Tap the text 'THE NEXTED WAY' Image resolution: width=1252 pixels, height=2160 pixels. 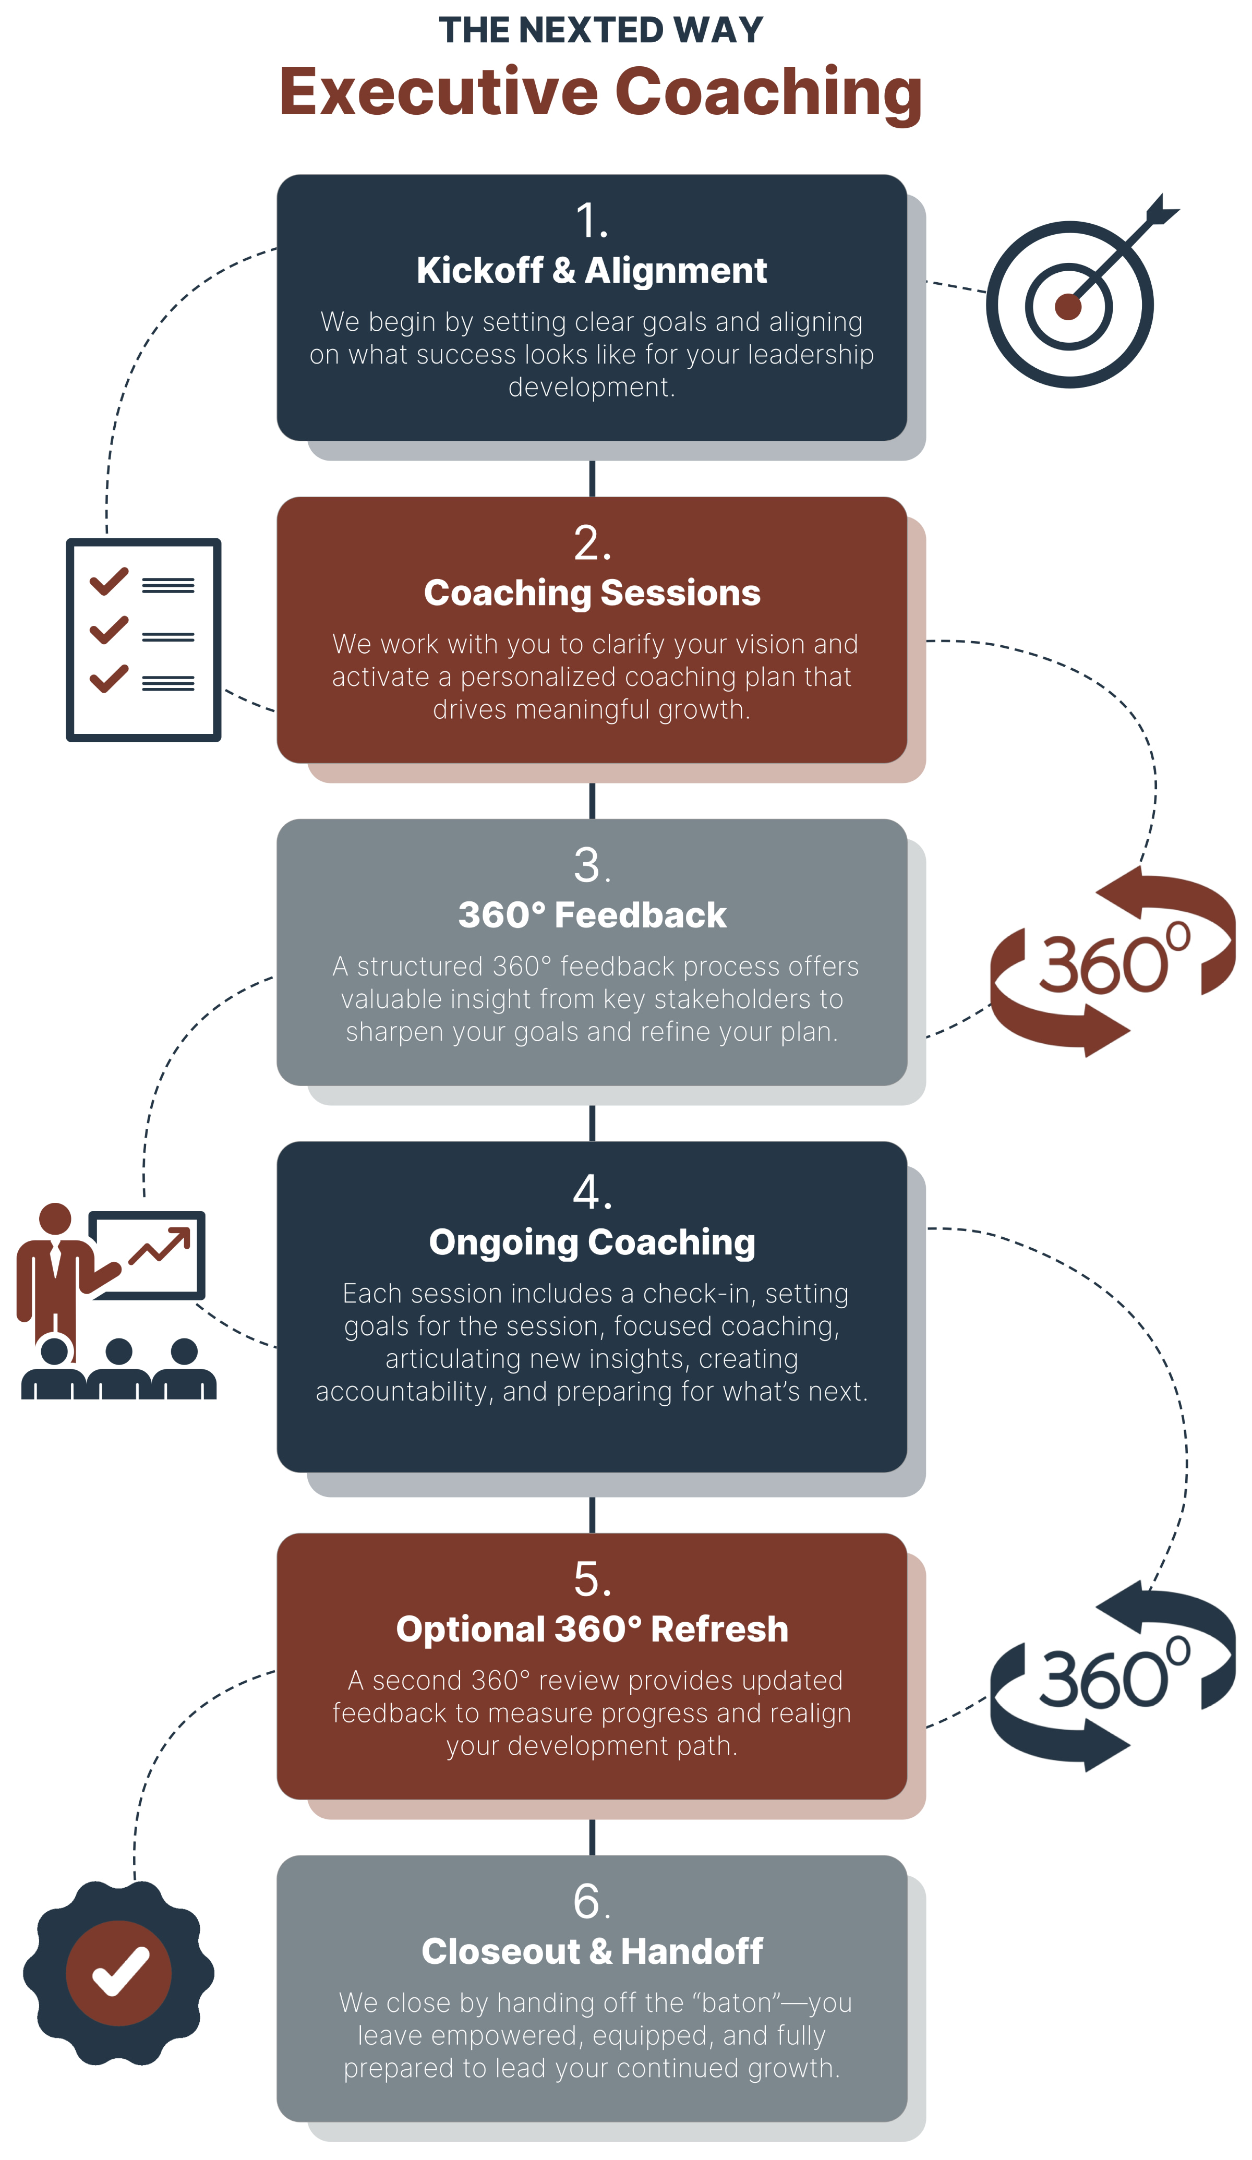point(600,31)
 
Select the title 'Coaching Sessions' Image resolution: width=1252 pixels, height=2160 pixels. point(591,593)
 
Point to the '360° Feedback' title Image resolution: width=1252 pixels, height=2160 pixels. point(591,915)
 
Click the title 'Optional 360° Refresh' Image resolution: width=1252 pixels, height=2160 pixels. point(591,1630)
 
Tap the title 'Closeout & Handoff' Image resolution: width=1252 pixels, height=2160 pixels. point(591,1952)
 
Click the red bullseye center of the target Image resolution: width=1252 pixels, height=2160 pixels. point(1068,306)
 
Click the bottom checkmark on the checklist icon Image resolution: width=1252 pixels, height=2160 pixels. point(109,678)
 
